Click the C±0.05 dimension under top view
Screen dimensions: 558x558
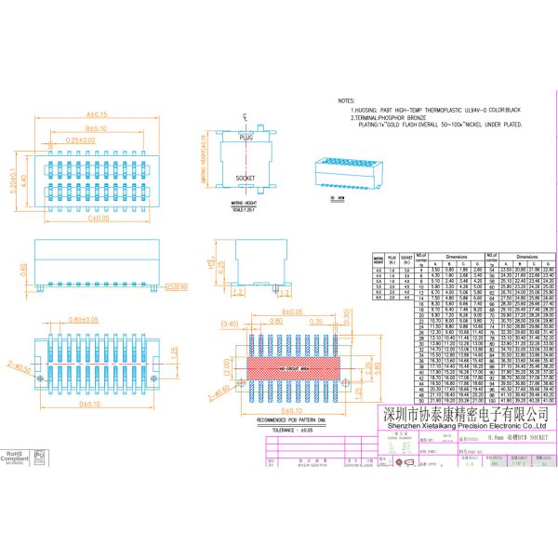coord(97,219)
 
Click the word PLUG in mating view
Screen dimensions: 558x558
coord(246,137)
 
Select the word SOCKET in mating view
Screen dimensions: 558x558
coord(246,177)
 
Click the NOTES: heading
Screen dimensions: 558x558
coord(346,100)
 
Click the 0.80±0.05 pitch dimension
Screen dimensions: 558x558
coord(82,320)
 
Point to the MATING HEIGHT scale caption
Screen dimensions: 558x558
coord(244,210)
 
